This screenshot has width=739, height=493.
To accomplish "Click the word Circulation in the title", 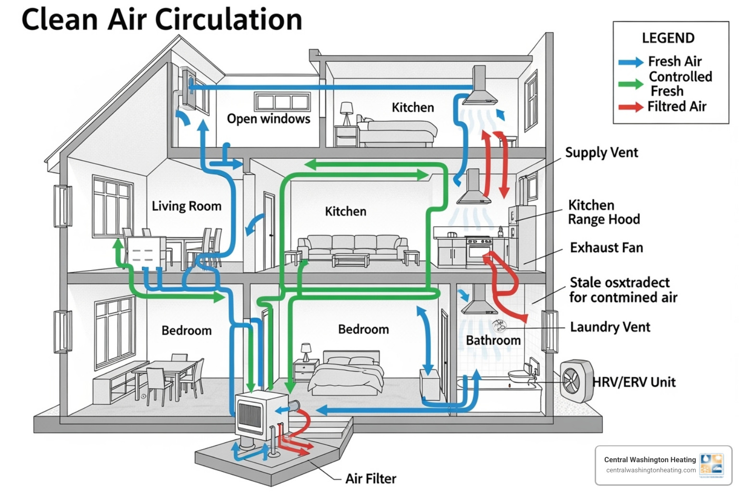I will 229,20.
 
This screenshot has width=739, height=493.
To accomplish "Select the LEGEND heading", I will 668,38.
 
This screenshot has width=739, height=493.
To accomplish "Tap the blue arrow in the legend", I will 630,62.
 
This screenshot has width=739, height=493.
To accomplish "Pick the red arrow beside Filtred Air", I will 630,107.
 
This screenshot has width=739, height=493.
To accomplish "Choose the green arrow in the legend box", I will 630,84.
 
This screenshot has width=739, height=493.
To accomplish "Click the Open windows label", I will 268,119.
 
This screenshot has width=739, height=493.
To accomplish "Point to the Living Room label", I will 187,207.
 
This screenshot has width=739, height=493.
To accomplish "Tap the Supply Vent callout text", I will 601,153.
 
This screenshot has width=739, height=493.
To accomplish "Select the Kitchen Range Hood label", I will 604,212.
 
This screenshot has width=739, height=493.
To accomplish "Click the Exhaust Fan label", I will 606,248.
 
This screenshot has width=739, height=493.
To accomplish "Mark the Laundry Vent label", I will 610,327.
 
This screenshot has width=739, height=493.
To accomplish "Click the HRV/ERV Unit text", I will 634,382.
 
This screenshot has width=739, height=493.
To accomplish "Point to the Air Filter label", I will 370,479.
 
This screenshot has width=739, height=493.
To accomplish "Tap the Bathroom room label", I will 493,340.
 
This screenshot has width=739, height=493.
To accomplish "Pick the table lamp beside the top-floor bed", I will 346,113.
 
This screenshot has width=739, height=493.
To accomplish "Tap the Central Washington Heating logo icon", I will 712,465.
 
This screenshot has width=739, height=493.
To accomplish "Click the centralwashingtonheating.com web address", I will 650,470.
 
